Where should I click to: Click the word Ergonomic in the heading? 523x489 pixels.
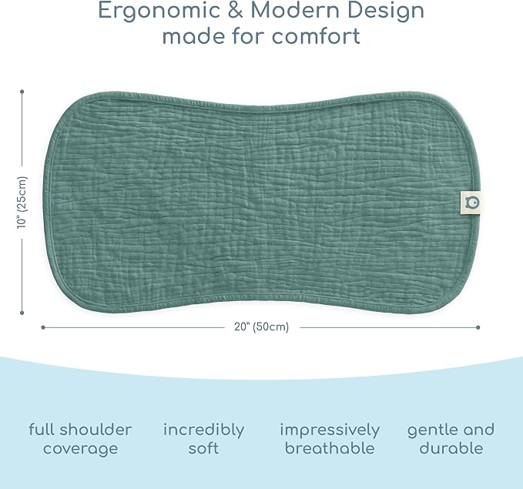pos(159,11)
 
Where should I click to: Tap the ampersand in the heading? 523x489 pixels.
pos(235,10)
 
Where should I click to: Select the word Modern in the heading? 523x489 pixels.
pos(295,10)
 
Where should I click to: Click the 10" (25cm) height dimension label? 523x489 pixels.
pos(22,202)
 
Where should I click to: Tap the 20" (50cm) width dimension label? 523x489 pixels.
pos(262,327)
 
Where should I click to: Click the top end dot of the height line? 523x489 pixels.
pos(22,92)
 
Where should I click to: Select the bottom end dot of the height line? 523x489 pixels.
pos(22,313)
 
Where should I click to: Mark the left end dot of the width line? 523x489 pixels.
pos(42,327)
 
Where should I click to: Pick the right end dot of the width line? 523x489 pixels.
pos(478,327)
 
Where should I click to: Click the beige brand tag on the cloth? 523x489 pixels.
pos(471,203)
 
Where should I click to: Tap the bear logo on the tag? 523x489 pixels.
pos(472,203)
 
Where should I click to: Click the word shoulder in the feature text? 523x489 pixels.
pos(96,430)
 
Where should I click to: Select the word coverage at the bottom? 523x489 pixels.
pos(80,449)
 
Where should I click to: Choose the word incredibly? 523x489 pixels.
pos(204,430)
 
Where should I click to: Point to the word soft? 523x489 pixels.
pos(203,448)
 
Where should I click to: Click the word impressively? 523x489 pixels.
pos(330,430)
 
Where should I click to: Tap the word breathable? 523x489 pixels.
pos(330,448)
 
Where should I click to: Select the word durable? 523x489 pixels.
pos(451,448)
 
